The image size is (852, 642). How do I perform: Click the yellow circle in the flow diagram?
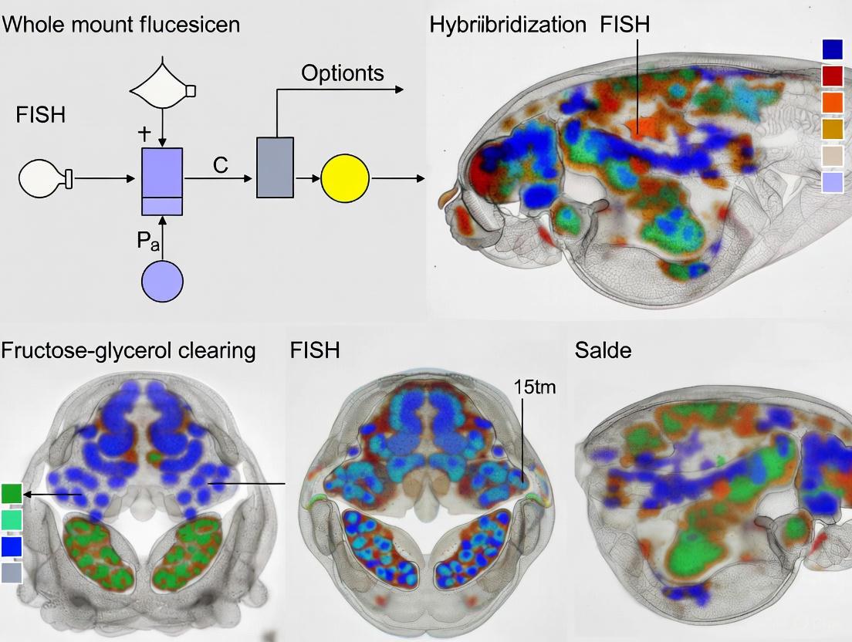tap(346, 178)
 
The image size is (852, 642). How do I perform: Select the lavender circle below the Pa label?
tap(162, 282)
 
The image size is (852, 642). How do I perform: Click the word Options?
tap(343, 73)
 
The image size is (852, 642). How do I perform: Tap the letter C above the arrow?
tap(221, 164)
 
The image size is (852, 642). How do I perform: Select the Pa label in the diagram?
tap(149, 241)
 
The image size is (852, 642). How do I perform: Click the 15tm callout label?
tap(534, 387)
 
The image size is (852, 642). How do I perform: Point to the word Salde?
tap(603, 350)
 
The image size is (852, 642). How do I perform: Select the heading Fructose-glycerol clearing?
tap(128, 350)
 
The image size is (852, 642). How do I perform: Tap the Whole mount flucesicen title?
tap(120, 24)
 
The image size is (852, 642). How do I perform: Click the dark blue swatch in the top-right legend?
tap(833, 49)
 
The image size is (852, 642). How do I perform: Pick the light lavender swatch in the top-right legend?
tap(833, 182)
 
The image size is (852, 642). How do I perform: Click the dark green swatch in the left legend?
tap(12, 493)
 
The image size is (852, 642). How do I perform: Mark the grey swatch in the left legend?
tap(12, 572)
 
